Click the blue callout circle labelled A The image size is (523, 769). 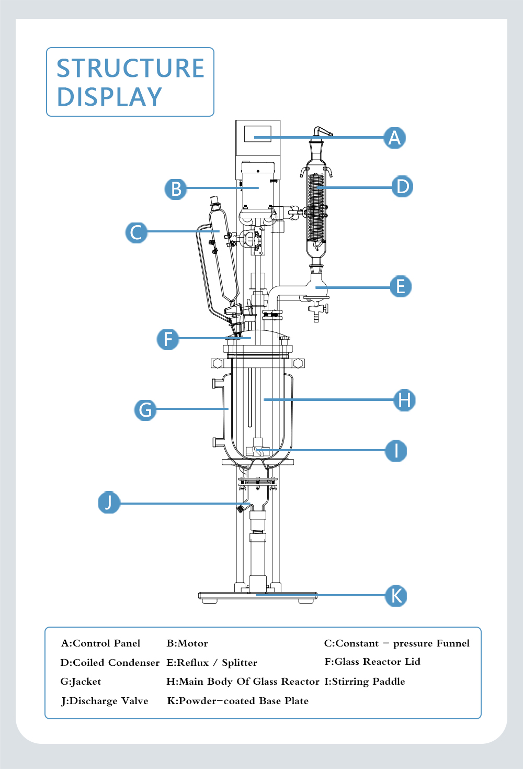395,138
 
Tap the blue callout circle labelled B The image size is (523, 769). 176,188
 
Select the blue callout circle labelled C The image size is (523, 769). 137,232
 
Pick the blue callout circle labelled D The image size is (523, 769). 402,186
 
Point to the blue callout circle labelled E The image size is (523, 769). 401,286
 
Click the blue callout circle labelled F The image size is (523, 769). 168,339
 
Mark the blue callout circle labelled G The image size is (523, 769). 145,409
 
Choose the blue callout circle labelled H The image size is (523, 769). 404,400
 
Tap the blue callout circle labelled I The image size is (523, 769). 396,450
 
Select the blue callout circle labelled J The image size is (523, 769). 109,503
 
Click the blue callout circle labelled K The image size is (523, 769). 396,596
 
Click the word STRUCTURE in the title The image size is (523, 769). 130,69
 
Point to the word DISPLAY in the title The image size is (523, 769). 109,97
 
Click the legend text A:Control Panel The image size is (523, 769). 100,643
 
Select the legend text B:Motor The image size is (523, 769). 187,643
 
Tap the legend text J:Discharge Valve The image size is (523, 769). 105,701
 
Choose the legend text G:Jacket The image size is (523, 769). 81,682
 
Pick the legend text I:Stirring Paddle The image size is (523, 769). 365,682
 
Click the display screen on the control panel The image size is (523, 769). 258,133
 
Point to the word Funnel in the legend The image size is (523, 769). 453,643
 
